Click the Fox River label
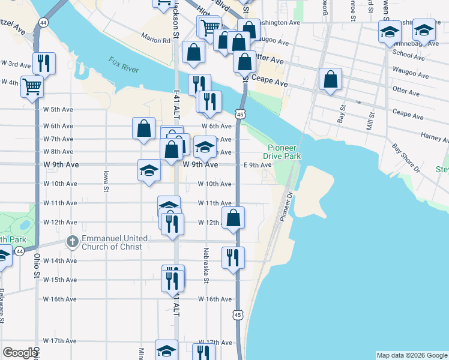coord(124,65)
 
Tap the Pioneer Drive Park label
coord(284,152)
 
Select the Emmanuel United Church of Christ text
coord(115,242)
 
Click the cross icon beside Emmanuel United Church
coord(71,242)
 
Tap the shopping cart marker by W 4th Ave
coord(32,86)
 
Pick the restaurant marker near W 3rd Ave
coord(44,62)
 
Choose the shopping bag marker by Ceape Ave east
coord(330,79)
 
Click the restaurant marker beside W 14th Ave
coord(233,257)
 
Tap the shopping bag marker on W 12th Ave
coord(234,218)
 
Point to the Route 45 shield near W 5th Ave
coord(240,113)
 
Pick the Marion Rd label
coord(156,41)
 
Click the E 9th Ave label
coord(258,165)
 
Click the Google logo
coord(20,353)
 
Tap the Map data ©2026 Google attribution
coord(411,355)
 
